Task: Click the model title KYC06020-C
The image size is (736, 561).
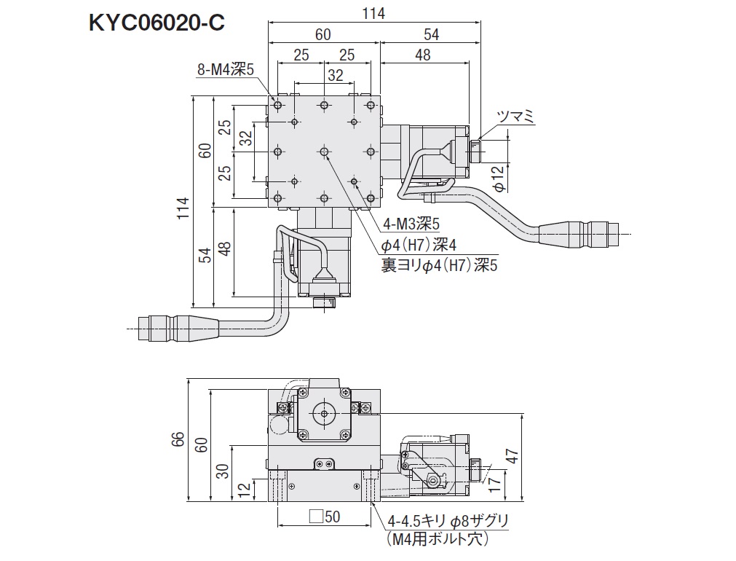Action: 155,22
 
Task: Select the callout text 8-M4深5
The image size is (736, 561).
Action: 225,70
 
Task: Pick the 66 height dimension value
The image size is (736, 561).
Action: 178,439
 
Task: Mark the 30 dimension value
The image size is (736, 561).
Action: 222,471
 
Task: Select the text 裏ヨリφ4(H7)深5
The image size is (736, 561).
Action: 439,265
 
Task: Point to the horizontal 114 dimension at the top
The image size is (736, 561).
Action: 373,13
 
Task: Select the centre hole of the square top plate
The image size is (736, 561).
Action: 324,152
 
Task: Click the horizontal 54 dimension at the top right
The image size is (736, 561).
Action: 431,34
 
